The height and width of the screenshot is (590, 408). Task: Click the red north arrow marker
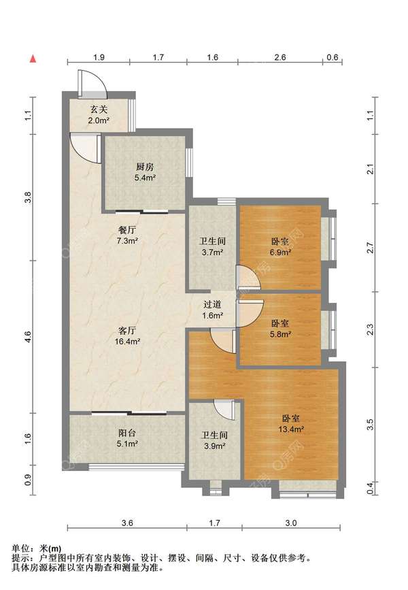(33, 59)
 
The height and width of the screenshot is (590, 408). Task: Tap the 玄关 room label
(99, 110)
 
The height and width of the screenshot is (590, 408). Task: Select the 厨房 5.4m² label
(145, 172)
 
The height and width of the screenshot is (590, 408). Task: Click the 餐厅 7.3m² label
(127, 235)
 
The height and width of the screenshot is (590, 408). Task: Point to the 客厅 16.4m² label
(127, 336)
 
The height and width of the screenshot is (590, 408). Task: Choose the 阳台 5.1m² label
(127, 438)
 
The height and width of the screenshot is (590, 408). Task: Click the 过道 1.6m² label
(212, 310)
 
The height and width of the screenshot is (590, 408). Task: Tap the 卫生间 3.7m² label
(213, 246)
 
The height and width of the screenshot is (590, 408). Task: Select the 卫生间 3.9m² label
(214, 440)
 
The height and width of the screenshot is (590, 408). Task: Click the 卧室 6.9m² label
(280, 247)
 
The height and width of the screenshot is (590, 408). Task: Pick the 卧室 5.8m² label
(280, 329)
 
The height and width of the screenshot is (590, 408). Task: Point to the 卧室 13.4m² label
(291, 423)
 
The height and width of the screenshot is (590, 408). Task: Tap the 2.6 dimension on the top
(279, 57)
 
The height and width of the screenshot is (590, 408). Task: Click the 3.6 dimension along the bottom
(127, 523)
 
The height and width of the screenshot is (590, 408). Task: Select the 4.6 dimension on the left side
(28, 336)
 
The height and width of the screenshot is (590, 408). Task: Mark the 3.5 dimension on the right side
(370, 425)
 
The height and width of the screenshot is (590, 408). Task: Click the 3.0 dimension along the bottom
(291, 523)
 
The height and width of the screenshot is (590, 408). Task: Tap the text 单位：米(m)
(37, 548)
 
